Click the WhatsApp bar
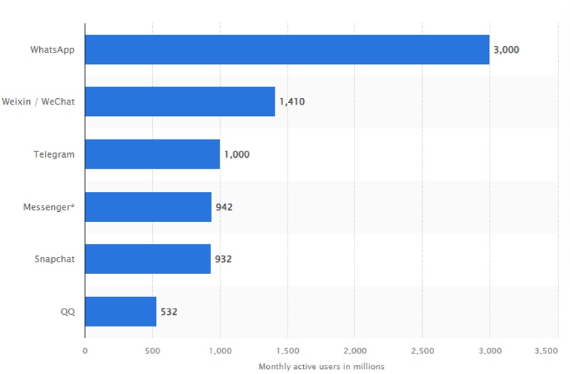287,50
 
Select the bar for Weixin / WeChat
180,102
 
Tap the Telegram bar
152,154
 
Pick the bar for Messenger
148,207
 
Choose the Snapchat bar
147,259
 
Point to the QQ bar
120,311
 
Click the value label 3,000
507,50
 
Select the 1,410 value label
292,102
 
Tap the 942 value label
224,207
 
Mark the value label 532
169,311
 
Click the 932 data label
223,259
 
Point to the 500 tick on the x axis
152,351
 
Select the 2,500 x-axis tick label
422,351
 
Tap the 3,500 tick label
547,351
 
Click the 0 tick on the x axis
85,351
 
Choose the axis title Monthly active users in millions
322,366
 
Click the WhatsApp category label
53,50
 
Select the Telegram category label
54,154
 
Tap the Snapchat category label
54,259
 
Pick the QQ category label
68,311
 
